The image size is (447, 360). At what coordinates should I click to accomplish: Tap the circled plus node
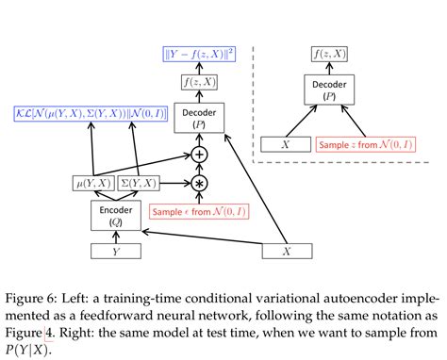199,153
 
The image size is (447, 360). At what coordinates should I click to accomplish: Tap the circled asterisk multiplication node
199,182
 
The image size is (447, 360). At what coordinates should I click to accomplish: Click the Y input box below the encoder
114,252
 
